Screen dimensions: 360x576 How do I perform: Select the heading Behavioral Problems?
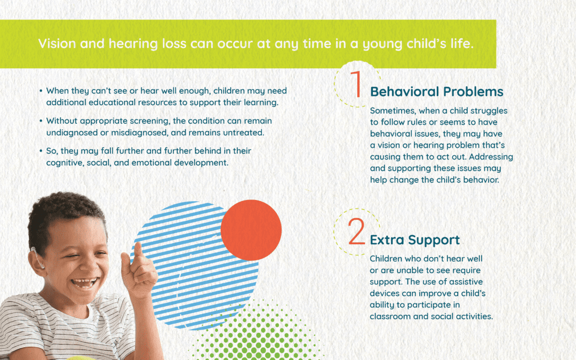click(x=436, y=92)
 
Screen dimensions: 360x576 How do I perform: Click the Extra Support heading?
click(x=414, y=240)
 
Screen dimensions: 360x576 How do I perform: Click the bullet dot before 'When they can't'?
click(x=41, y=91)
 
